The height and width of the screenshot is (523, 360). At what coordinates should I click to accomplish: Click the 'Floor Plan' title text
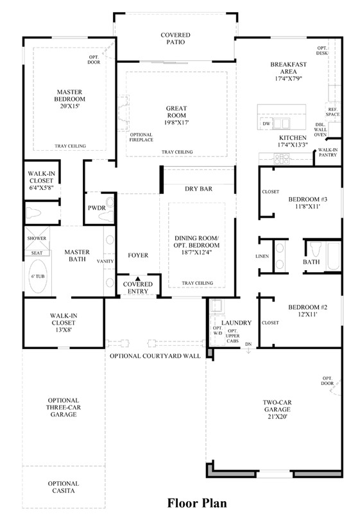[197, 503]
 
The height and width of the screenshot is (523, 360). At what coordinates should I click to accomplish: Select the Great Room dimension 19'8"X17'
[176, 122]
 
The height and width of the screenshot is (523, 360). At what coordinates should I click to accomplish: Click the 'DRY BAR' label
[198, 189]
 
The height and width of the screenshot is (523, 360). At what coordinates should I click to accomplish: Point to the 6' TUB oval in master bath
[38, 277]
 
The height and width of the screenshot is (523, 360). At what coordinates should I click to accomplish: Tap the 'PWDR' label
[96, 209]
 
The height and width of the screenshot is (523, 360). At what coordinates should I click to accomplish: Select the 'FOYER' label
[138, 255]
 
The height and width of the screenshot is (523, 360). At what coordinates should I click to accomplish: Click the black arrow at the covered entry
[137, 278]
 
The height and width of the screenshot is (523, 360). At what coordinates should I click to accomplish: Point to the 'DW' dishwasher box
[266, 123]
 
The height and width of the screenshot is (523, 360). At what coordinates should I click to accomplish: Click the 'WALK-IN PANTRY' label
[327, 152]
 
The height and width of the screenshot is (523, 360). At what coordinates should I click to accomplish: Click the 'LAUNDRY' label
[237, 323]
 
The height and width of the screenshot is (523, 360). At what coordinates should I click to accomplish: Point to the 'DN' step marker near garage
[248, 345]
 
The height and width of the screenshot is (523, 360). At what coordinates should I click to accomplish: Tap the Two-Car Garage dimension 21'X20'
[277, 416]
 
